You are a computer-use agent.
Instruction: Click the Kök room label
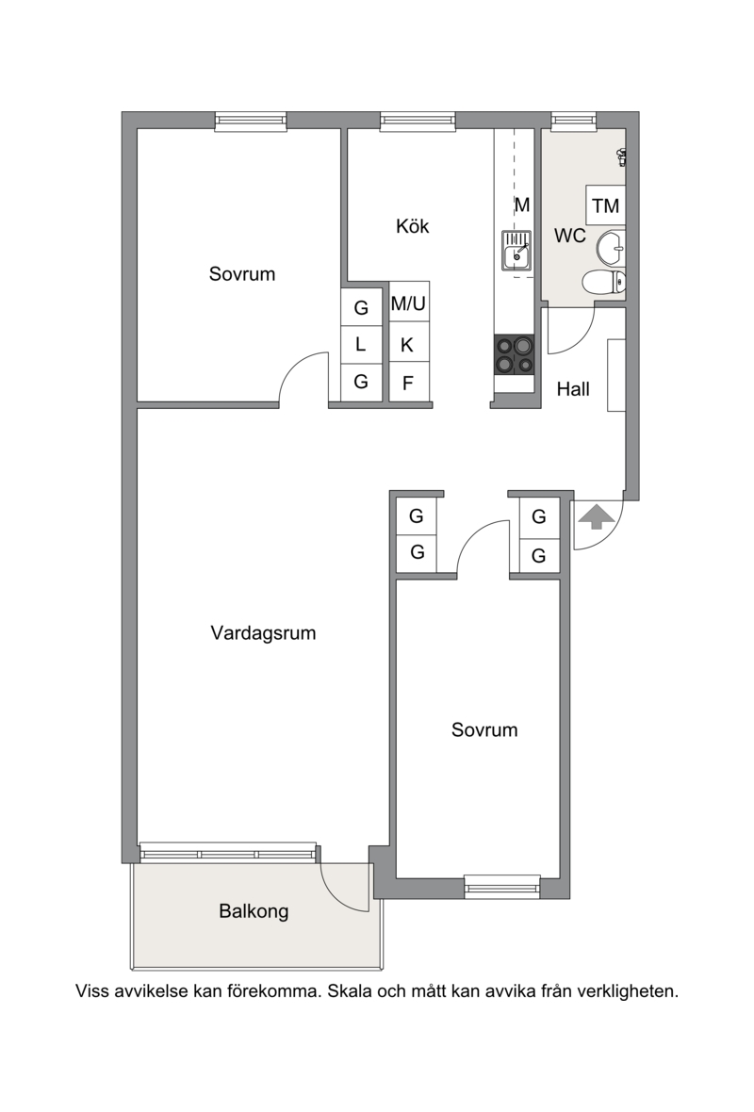(412, 226)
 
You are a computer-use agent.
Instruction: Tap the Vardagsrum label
(263, 633)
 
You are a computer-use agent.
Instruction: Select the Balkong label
(254, 911)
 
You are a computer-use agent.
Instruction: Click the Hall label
(573, 388)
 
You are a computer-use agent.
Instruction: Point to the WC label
(569, 236)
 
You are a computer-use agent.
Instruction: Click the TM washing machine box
(606, 205)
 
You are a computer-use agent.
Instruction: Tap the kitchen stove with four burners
(515, 354)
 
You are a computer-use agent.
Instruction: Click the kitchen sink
(516, 251)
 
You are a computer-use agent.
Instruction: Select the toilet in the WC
(604, 283)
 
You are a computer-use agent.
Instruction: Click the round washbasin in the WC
(611, 248)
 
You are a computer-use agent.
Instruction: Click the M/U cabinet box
(408, 303)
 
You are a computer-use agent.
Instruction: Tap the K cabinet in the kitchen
(408, 345)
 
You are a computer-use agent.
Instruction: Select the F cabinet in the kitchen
(408, 383)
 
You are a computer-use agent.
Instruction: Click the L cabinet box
(361, 345)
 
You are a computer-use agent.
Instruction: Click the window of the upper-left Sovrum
(251, 122)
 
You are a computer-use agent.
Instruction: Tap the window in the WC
(574, 121)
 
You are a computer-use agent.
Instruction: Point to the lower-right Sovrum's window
(502, 887)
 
